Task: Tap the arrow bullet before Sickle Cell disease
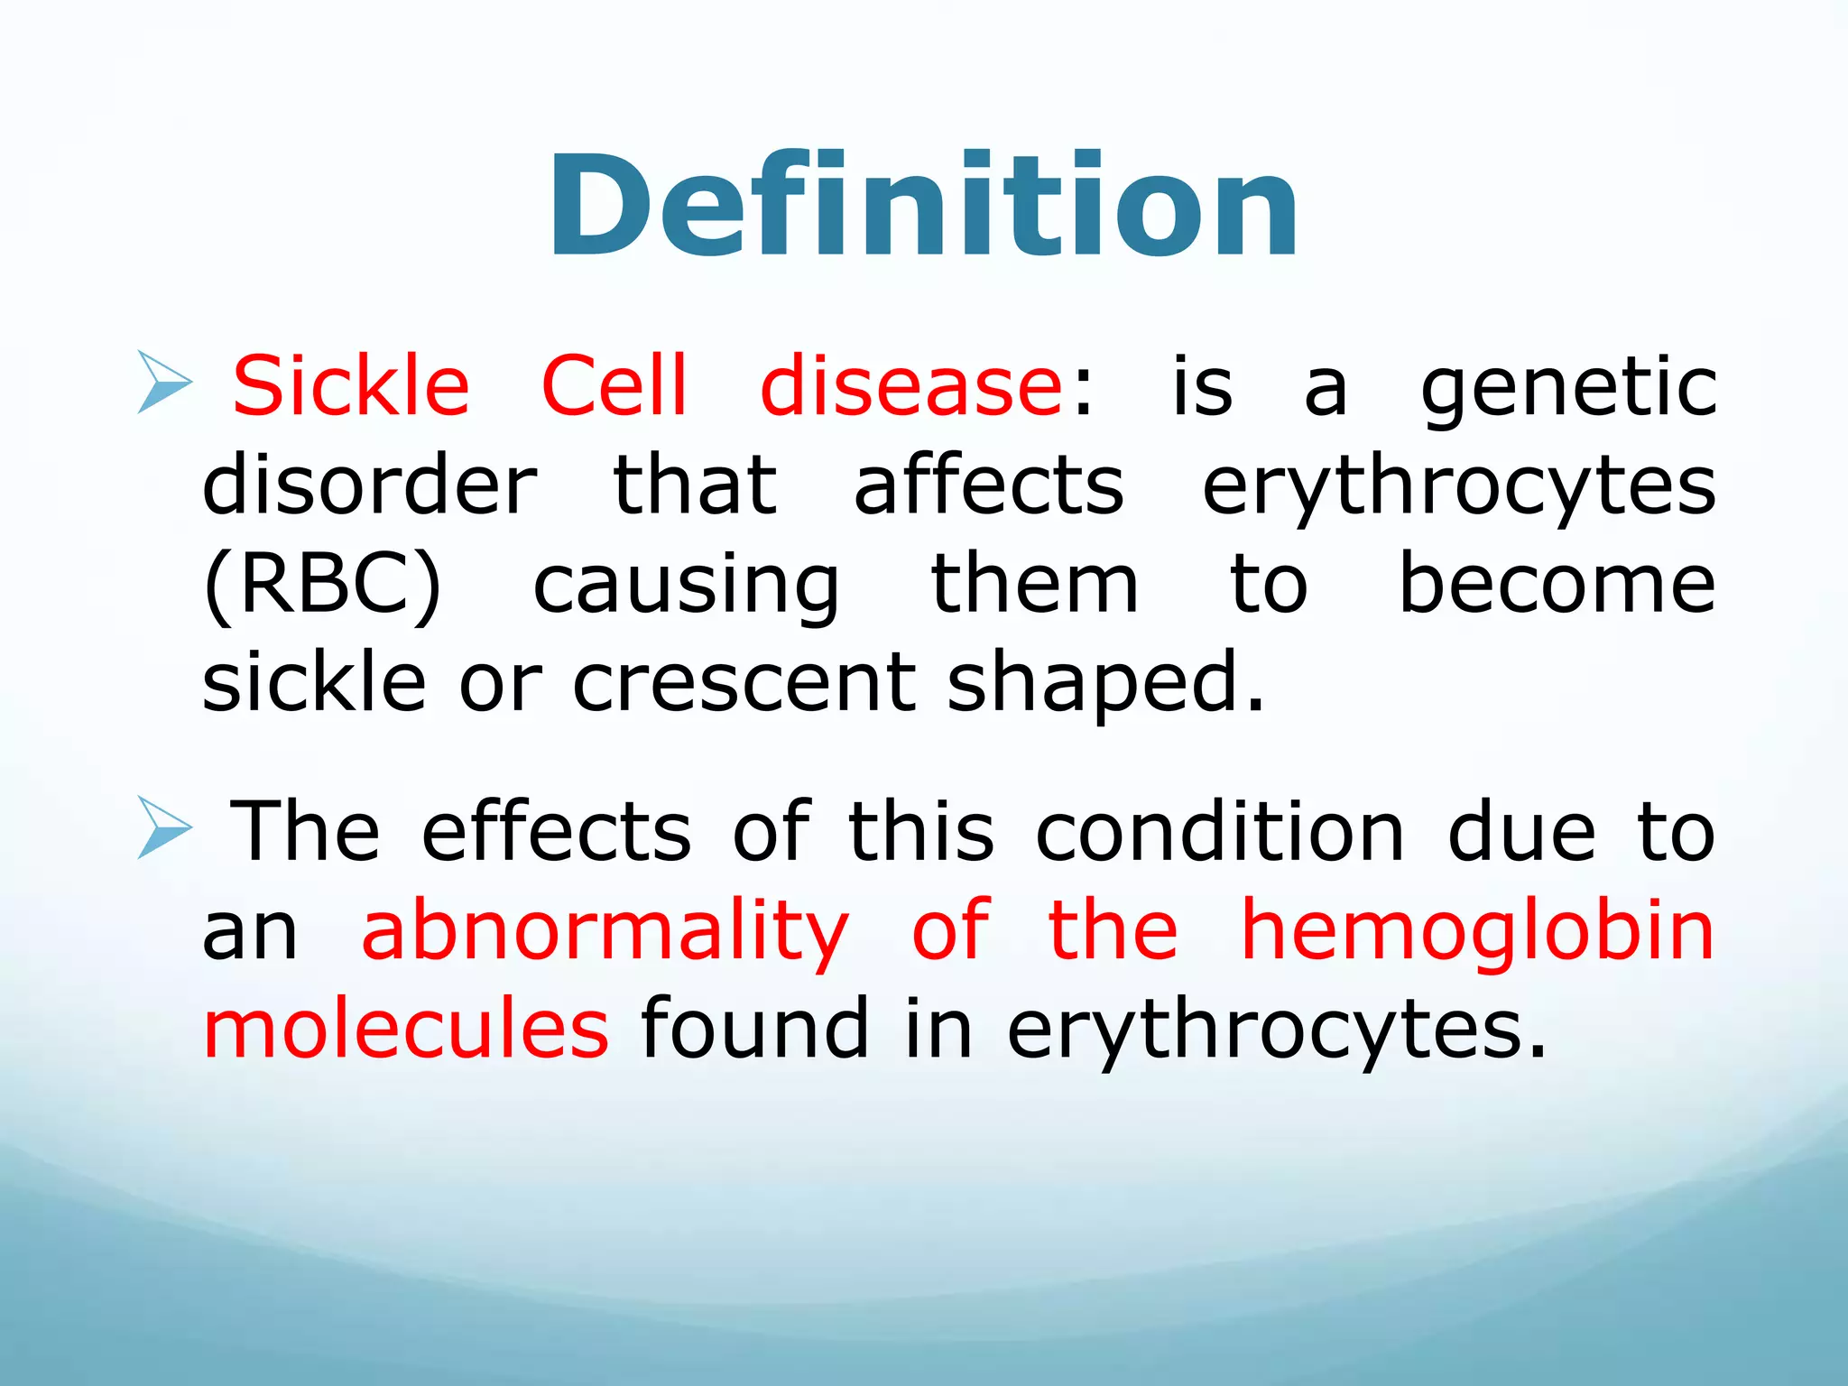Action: (164, 383)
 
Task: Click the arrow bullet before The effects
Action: (164, 827)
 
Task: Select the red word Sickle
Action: (351, 386)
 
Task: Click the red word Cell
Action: (614, 386)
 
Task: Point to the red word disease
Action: (911, 386)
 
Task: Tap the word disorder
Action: (370, 485)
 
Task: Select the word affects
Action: (989, 485)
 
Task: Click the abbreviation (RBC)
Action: (323, 585)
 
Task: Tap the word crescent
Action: (744, 684)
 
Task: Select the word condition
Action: (1220, 831)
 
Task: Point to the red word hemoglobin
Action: (1477, 931)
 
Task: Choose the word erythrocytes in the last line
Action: (1276, 1031)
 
